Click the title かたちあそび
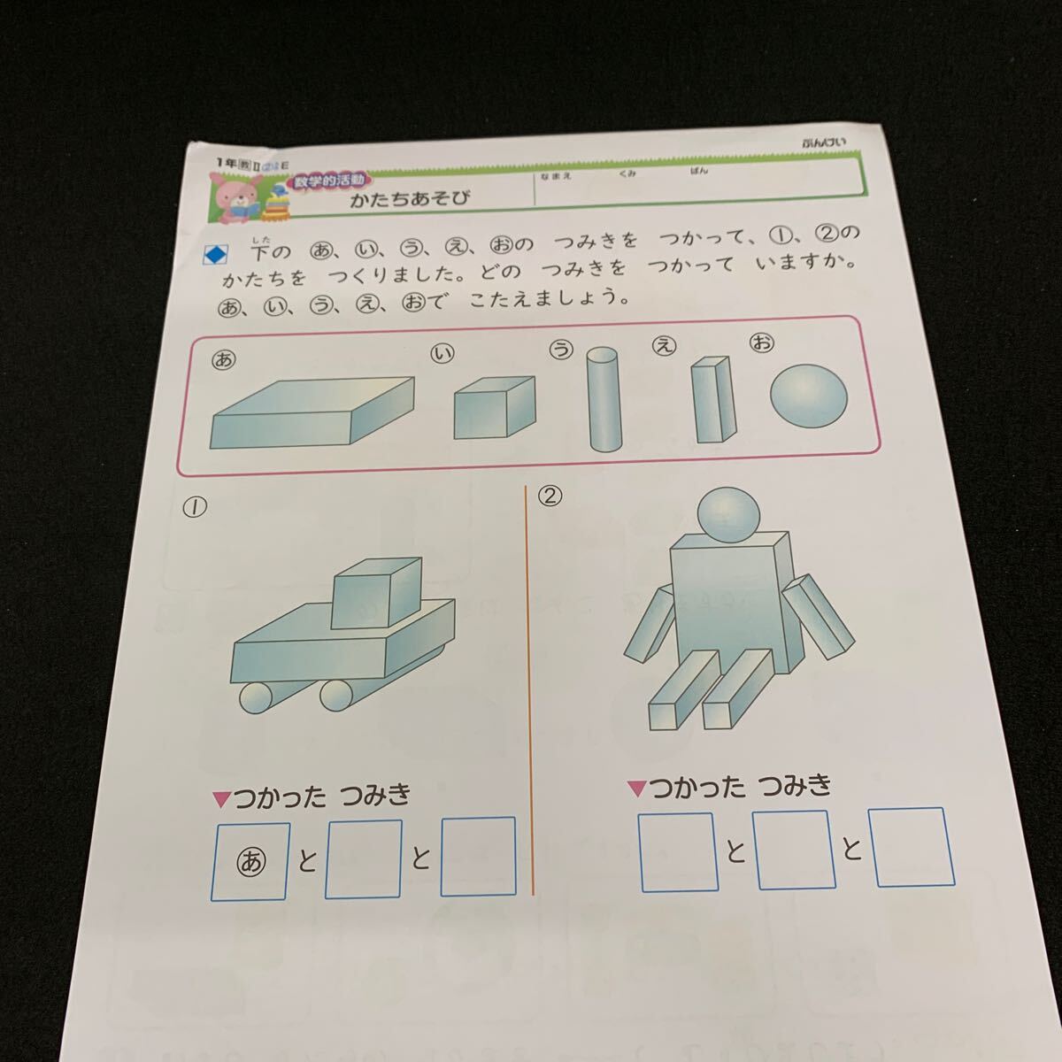coord(410,199)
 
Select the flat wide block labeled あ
coord(312,412)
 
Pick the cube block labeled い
coord(493,406)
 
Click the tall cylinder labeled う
coord(602,398)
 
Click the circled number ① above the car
coord(195,507)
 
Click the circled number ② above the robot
coord(550,496)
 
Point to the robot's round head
coord(729,515)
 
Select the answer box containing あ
coord(251,861)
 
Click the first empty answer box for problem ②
coord(678,851)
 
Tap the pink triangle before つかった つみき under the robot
coord(635,788)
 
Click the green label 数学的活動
coord(328,181)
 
